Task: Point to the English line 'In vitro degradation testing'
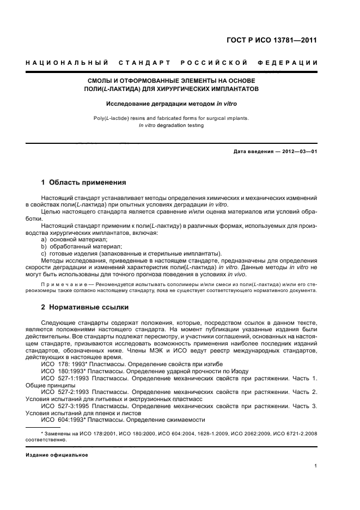pos(171,125)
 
